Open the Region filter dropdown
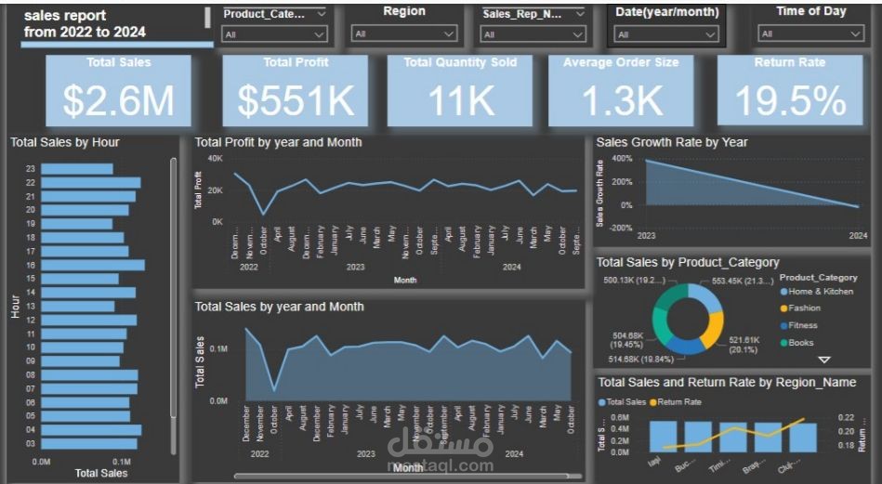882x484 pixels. coord(404,34)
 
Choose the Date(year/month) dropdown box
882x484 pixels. coord(666,34)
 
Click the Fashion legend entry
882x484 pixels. coord(805,308)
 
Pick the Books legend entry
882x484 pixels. coord(800,343)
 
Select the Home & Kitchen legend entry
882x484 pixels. coord(820,292)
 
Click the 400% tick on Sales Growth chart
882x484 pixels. coord(622,159)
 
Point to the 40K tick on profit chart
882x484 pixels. coord(215,159)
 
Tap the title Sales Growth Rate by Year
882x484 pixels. coord(672,142)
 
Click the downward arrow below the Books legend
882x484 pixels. coord(823,360)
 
